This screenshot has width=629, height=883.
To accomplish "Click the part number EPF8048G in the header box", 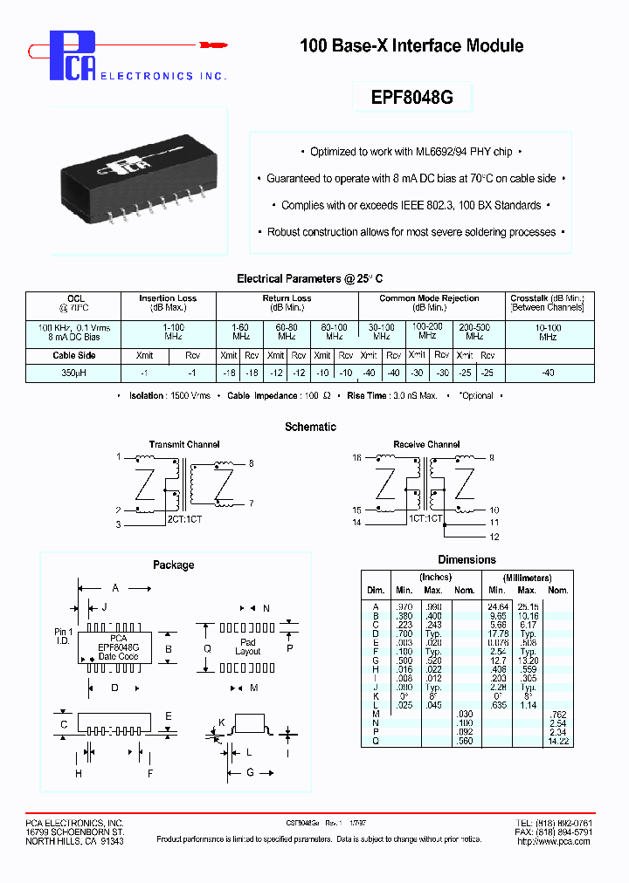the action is (x=412, y=97).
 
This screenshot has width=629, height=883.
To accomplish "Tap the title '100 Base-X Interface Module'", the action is (x=411, y=45).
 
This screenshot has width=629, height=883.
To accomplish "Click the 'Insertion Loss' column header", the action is (x=168, y=298).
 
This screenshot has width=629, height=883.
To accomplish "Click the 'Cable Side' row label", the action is (x=74, y=355).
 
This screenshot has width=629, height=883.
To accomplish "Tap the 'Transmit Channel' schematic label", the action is (x=184, y=444).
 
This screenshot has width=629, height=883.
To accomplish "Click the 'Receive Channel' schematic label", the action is (x=426, y=444).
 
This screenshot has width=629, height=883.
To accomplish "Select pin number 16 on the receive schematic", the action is (x=356, y=457).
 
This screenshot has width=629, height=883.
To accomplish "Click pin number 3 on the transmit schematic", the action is (x=118, y=524).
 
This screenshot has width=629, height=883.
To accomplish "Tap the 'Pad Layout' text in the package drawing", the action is (x=248, y=647).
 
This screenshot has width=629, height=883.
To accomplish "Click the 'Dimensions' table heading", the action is (x=467, y=559).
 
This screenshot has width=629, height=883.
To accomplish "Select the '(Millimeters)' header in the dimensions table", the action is (x=527, y=578).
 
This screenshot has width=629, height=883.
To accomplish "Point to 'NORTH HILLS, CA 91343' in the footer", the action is (x=74, y=841).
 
